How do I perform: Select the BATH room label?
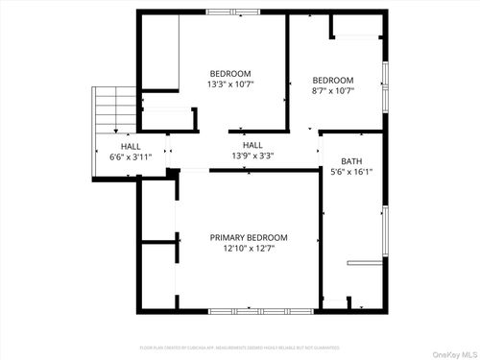[x=351, y=162]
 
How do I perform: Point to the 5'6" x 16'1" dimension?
[x=351, y=174]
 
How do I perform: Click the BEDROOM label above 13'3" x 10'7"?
[x=230, y=74]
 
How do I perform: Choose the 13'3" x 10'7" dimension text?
[x=230, y=84]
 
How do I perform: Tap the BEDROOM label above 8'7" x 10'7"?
[x=333, y=80]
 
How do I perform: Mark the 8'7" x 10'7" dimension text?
[x=333, y=91]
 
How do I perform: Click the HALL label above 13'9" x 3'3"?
[x=252, y=145]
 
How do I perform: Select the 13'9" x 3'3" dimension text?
[x=252, y=156]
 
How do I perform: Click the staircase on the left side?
[x=114, y=110]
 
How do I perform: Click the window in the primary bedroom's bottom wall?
[x=248, y=311]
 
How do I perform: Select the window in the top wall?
[x=232, y=12]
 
